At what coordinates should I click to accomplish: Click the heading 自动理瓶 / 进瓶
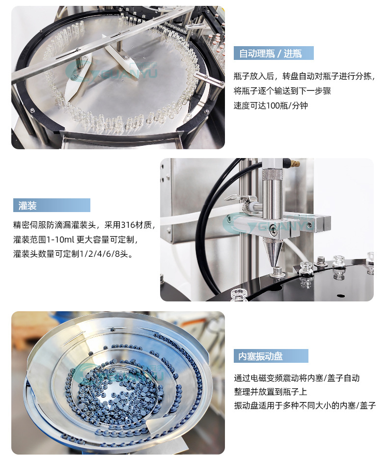click(270, 54)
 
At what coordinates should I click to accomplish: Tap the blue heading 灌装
click(28, 206)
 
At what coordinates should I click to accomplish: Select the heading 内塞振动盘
click(260, 356)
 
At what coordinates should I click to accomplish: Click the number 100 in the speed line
click(273, 106)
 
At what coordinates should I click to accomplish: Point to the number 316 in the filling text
click(128, 225)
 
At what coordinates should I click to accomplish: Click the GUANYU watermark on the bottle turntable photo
click(111, 71)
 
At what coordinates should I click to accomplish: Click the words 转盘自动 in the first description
click(298, 77)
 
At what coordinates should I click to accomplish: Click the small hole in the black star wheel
click(340, 296)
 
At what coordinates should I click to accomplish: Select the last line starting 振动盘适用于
click(305, 405)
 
